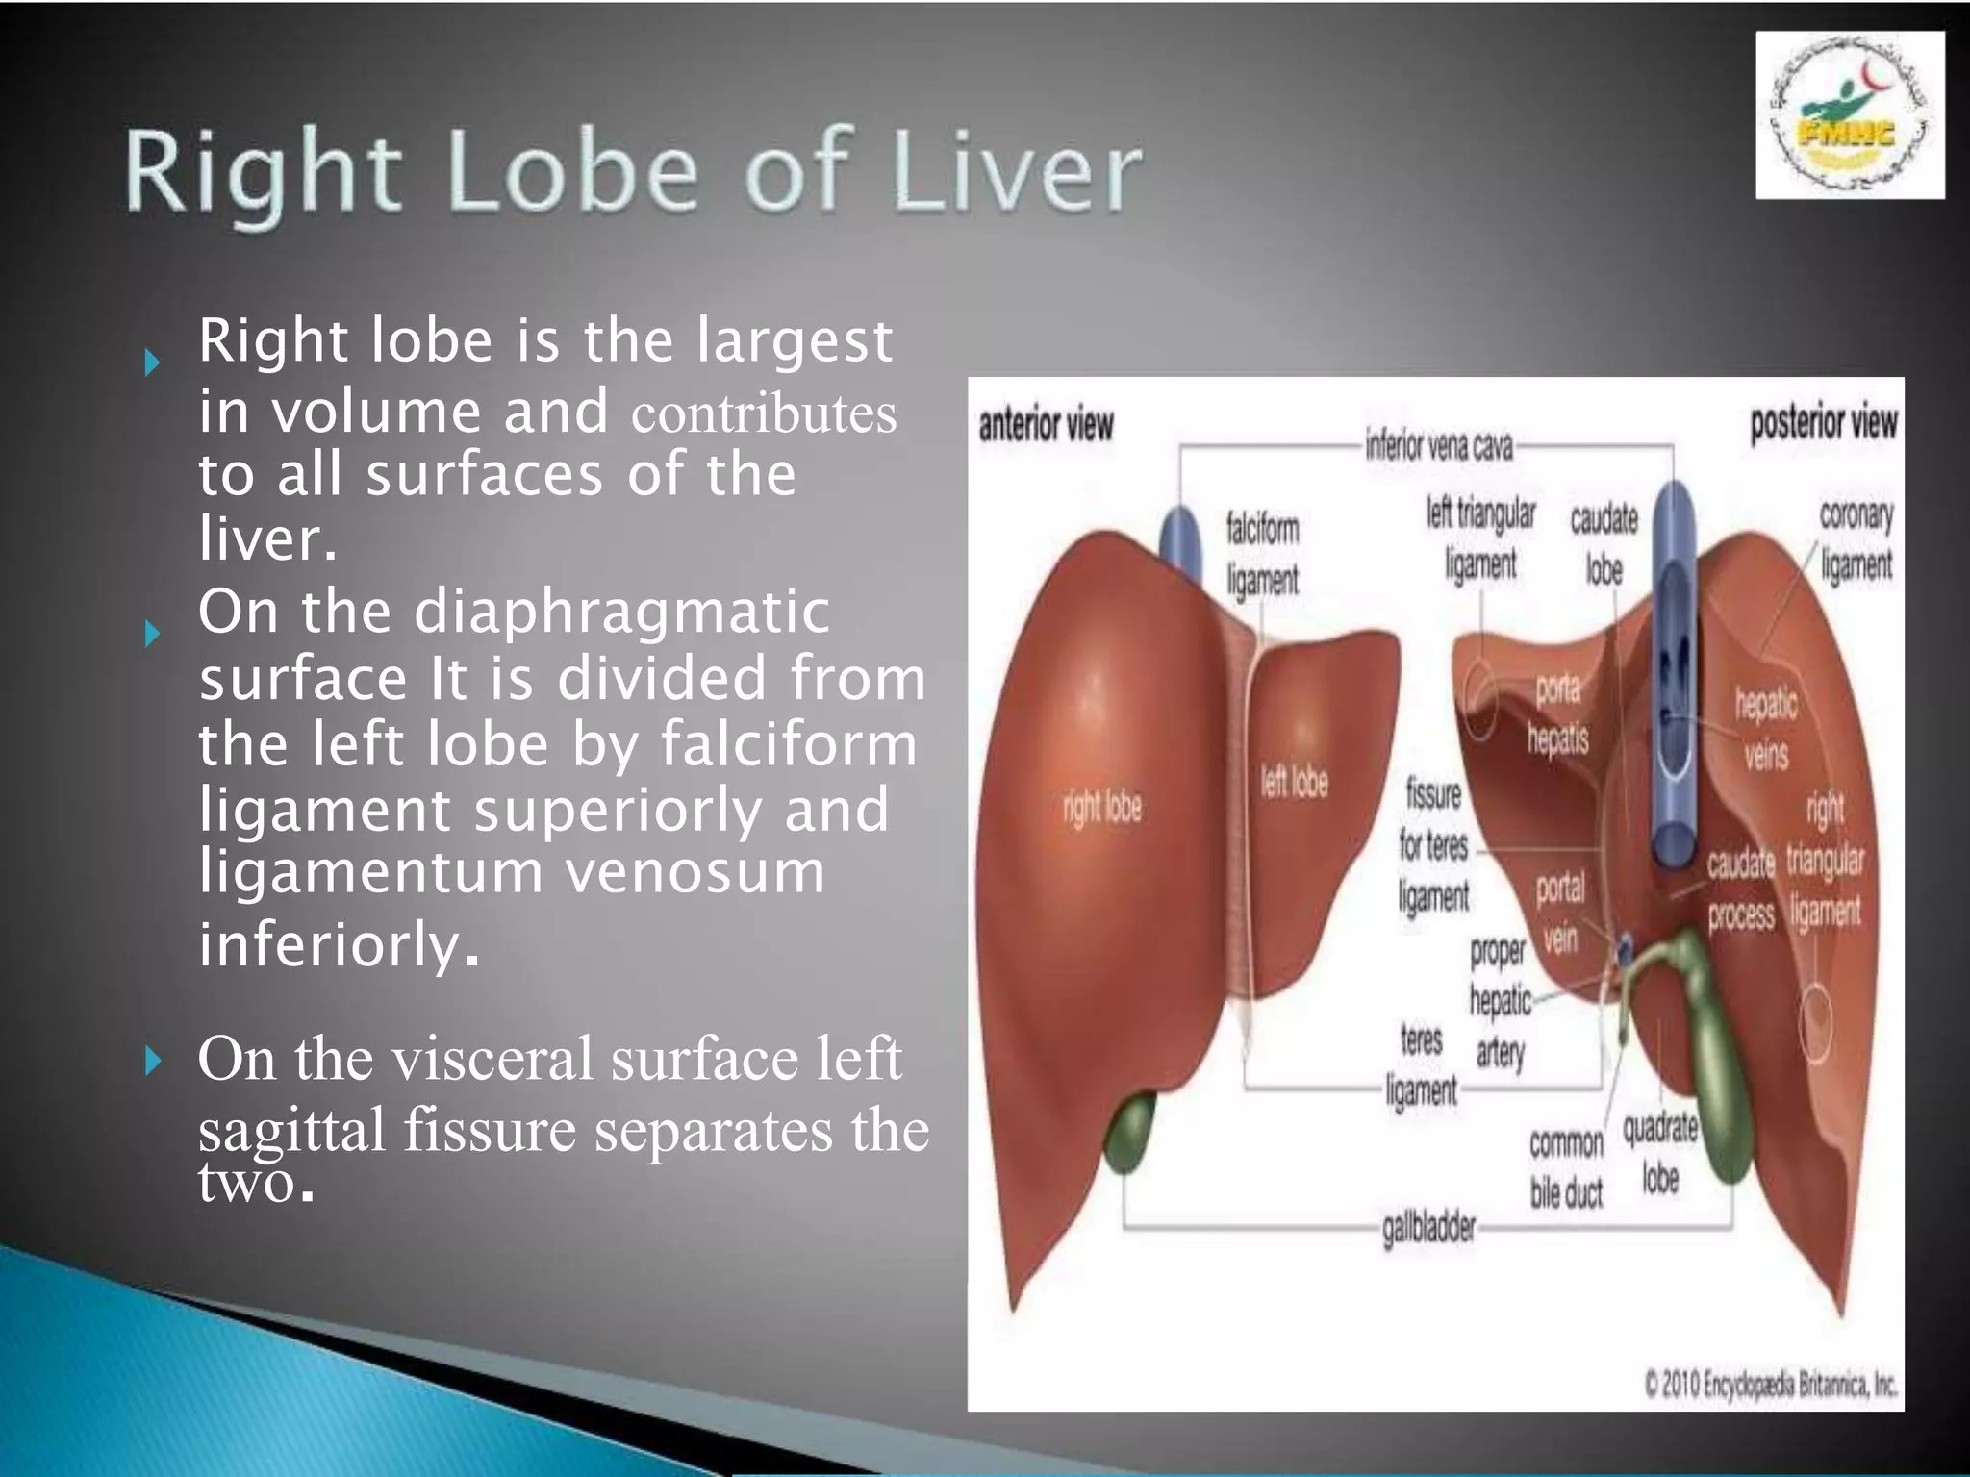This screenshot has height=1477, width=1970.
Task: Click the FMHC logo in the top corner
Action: point(1849,115)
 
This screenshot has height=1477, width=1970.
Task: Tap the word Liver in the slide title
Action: point(1019,174)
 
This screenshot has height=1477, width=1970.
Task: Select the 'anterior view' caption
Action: point(1046,425)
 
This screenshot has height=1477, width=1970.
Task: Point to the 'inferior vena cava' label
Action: point(1439,446)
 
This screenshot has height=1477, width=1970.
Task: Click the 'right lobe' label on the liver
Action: point(1102,807)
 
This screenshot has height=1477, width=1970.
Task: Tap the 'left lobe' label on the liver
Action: point(1295,782)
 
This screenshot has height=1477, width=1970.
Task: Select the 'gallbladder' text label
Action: point(1428,1228)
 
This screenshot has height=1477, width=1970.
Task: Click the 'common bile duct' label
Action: point(1566,1167)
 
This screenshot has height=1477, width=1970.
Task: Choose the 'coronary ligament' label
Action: point(1856,539)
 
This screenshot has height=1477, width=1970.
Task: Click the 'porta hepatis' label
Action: point(1558,713)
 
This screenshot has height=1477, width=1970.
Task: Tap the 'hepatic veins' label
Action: point(1766,729)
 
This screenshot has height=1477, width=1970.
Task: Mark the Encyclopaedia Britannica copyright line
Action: point(1771,1385)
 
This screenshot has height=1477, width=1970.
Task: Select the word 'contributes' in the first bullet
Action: point(764,413)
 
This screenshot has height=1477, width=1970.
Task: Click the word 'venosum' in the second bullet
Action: point(695,871)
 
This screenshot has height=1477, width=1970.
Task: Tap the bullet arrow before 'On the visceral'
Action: point(152,1062)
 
